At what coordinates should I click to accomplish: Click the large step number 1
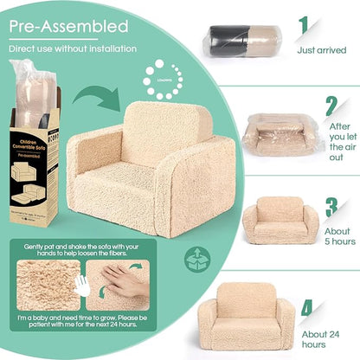pyautogui.click(x=304, y=27)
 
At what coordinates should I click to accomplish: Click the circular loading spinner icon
pyautogui.click(x=157, y=74)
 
